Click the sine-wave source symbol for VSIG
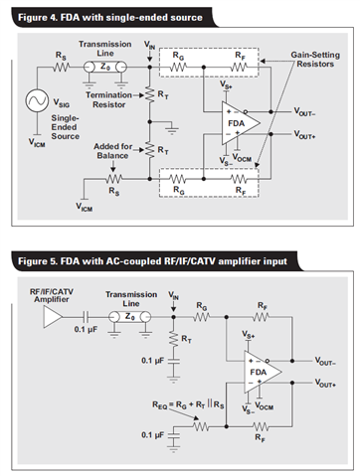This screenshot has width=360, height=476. (x=37, y=100)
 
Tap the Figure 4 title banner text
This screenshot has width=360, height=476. (x=110, y=17)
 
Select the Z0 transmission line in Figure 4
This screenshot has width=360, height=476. (x=105, y=68)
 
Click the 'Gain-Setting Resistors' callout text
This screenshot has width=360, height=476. (x=315, y=60)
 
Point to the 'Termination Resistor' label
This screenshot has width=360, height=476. (x=108, y=99)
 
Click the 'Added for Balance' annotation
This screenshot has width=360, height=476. (x=112, y=151)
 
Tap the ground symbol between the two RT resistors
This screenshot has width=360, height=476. (x=172, y=129)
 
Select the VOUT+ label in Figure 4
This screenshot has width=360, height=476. (x=304, y=134)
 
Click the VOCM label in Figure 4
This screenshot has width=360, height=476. (x=242, y=157)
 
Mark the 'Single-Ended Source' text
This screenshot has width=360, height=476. (x=65, y=127)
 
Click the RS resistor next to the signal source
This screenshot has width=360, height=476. (x=61, y=68)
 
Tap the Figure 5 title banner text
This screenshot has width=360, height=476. (x=152, y=261)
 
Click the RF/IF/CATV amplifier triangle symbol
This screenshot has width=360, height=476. (x=53, y=317)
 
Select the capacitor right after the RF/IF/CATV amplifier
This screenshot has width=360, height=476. (x=87, y=317)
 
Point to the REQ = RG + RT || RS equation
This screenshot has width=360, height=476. (x=188, y=404)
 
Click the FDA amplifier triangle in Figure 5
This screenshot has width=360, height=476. (x=263, y=372)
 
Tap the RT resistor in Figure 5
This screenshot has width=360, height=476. (x=173, y=339)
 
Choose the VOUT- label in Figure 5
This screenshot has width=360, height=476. (x=325, y=361)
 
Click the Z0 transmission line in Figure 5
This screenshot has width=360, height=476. (x=129, y=317)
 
